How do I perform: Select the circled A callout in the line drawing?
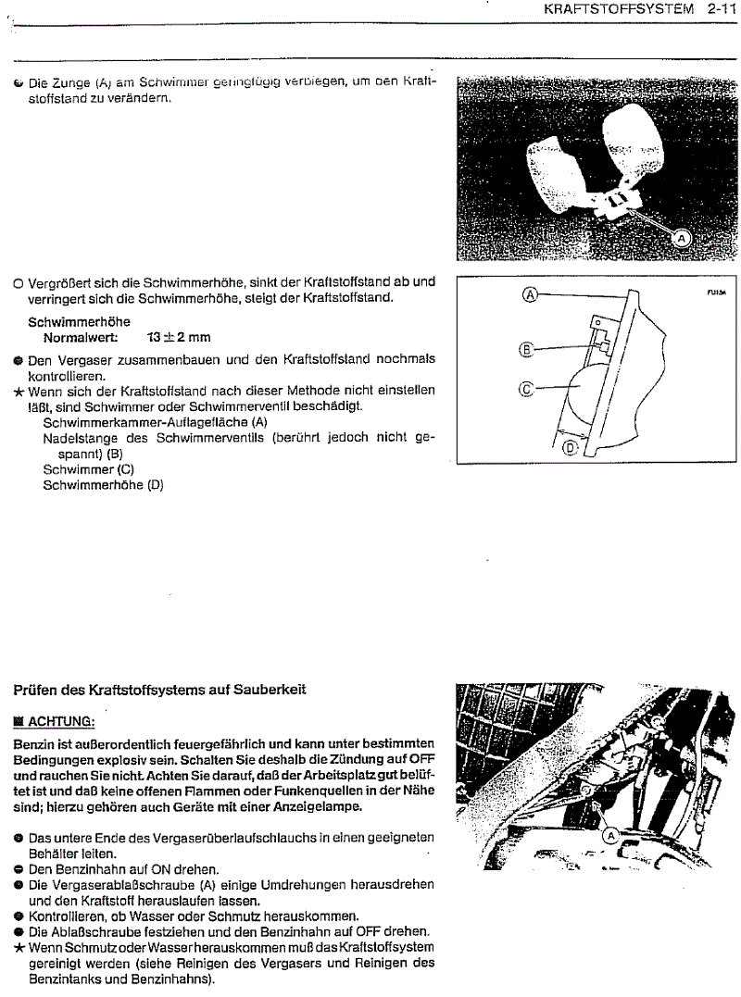[x=530, y=294]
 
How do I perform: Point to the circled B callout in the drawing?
[x=527, y=349]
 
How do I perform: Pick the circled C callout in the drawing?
[x=526, y=390]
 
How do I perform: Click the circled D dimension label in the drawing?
[x=570, y=447]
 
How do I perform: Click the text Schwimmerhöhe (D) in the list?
[x=103, y=484]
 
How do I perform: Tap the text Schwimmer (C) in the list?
[x=89, y=469]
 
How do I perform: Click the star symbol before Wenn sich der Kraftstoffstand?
[x=19, y=392]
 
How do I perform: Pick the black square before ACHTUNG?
[x=19, y=720]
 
